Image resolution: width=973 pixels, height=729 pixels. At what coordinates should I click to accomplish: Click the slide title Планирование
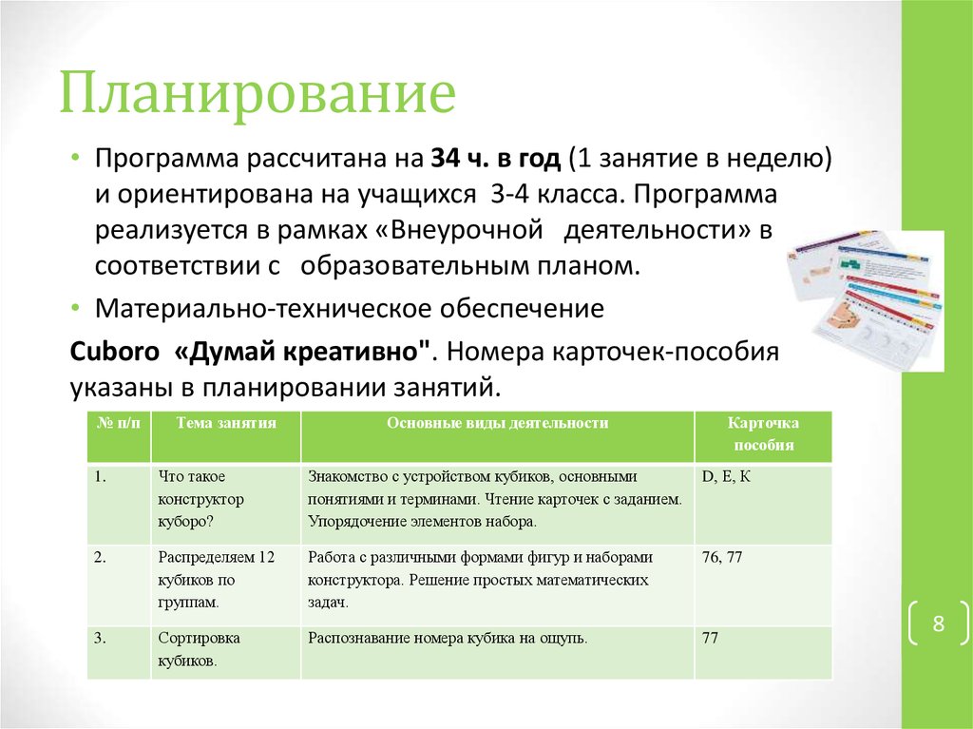(x=258, y=98)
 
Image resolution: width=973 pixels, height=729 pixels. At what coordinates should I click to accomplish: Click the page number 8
(x=938, y=624)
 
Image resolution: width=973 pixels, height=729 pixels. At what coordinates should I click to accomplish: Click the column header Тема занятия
(x=226, y=424)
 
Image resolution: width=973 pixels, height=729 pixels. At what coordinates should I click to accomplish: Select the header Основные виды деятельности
(x=497, y=424)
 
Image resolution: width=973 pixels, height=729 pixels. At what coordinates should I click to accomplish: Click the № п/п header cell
(x=117, y=424)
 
